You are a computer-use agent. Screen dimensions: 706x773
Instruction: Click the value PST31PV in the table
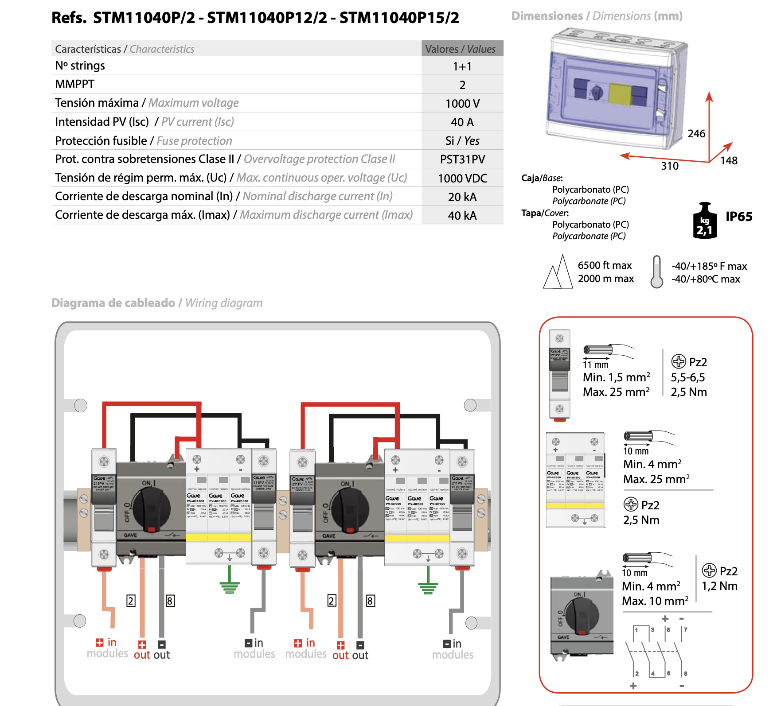[462, 159]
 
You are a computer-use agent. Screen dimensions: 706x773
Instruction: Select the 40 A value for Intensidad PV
[462, 122]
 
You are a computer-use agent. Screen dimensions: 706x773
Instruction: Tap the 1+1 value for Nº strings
[462, 66]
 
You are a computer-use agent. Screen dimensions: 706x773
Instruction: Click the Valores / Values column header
[461, 49]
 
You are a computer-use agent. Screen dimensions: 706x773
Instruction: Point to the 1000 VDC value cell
[462, 178]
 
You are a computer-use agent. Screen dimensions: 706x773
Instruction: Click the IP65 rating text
[738, 217]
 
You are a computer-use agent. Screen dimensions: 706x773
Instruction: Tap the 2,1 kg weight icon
[704, 221]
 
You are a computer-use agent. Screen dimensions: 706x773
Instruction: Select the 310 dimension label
[669, 166]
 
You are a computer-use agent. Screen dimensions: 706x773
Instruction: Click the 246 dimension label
[696, 134]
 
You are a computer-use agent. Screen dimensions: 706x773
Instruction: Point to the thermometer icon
[656, 272]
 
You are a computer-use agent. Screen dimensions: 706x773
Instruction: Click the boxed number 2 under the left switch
[131, 601]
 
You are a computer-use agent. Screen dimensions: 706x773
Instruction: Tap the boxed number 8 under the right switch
[371, 601]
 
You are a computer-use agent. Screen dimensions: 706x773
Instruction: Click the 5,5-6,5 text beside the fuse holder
[687, 377]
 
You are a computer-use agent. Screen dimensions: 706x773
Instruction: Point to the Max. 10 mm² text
[655, 601]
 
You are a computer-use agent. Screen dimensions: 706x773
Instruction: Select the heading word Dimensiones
[547, 16]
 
